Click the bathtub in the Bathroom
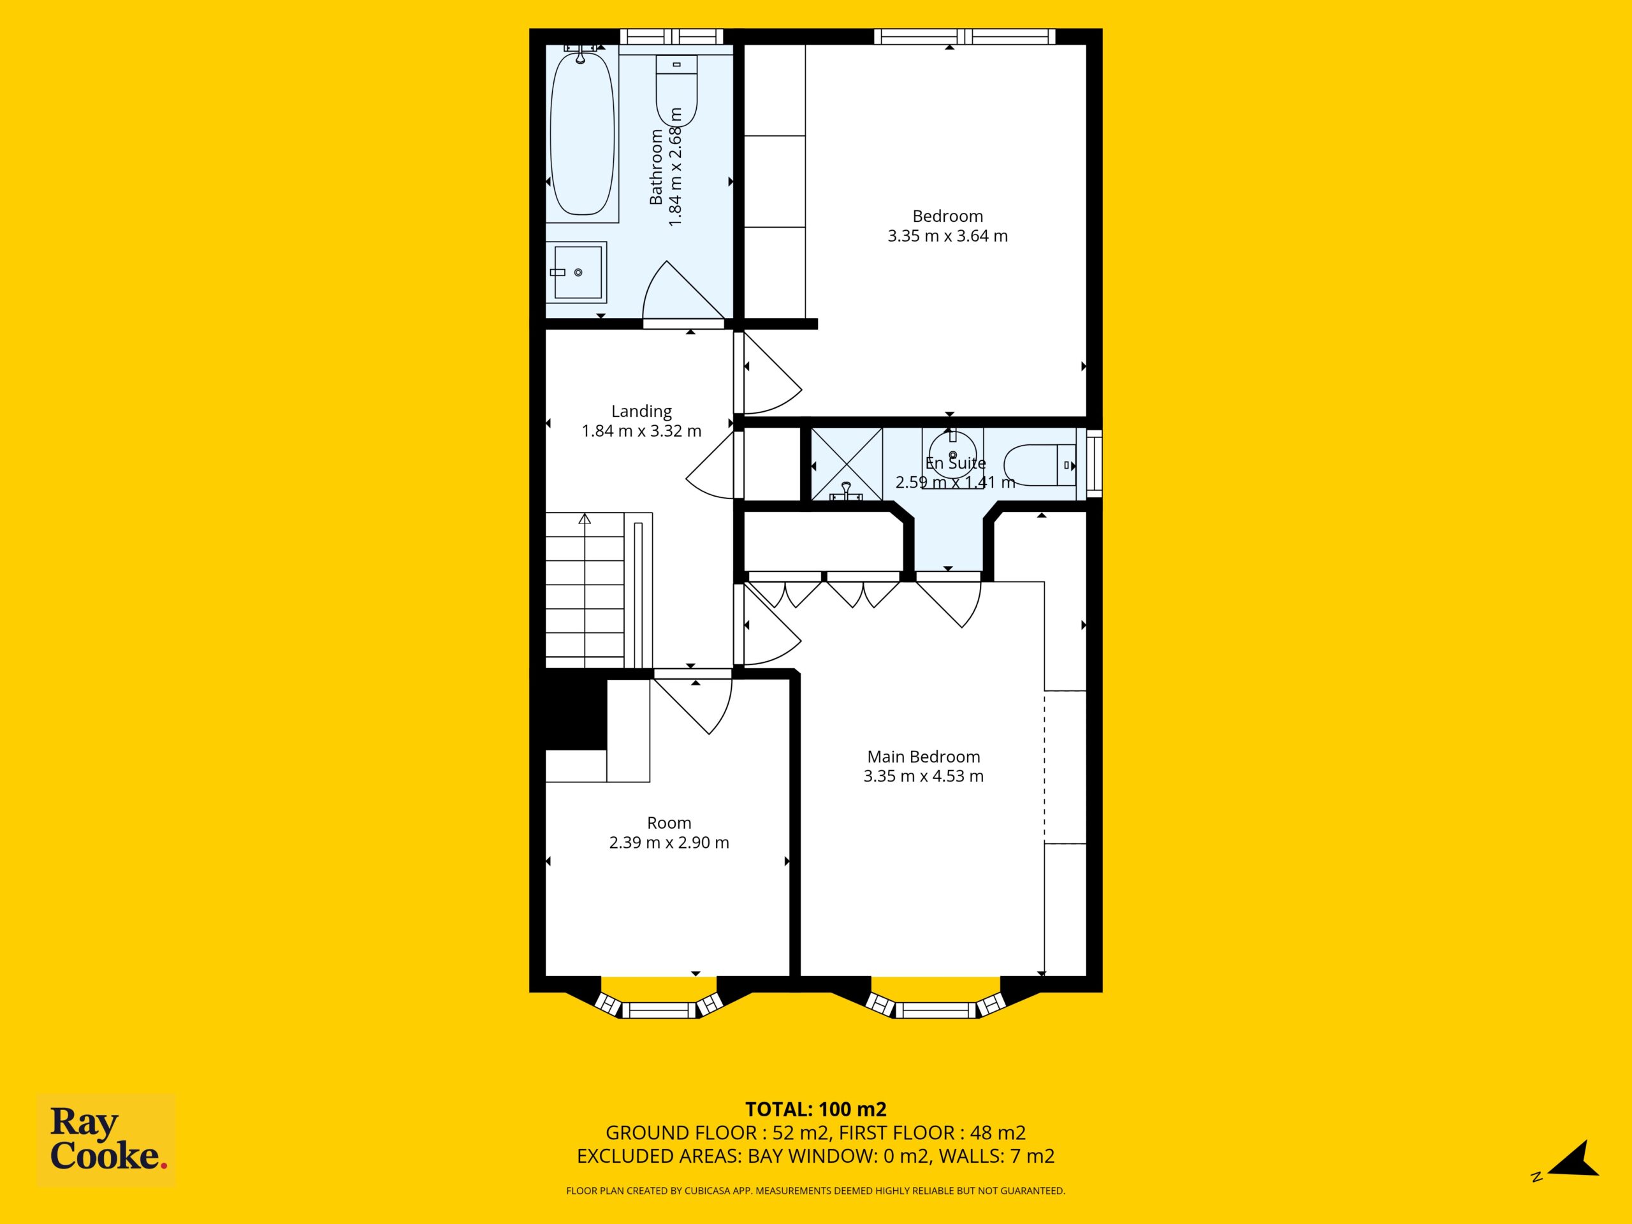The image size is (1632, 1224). point(582,133)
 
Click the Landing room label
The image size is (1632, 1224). point(641,412)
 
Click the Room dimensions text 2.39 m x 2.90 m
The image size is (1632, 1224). point(669,843)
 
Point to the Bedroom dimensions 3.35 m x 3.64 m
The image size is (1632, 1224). point(947,236)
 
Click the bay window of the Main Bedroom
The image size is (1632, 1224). point(935,1000)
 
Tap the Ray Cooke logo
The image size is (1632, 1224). point(106,1140)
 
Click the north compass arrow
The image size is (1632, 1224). point(1575,1158)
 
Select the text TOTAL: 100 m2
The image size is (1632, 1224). point(816,1109)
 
